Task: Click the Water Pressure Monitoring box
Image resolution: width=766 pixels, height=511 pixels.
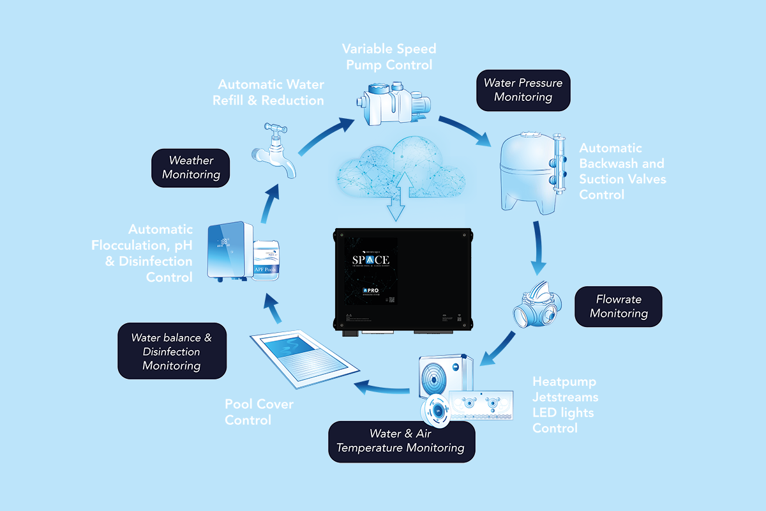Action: coord(523,90)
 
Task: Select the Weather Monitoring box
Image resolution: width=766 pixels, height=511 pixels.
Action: coord(191,167)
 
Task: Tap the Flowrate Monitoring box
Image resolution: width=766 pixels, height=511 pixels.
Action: coord(619,307)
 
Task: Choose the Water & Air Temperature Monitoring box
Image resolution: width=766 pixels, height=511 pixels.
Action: coord(402,441)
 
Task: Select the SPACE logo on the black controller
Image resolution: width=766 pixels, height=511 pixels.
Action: coord(372,261)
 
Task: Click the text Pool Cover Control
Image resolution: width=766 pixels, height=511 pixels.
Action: coord(258,412)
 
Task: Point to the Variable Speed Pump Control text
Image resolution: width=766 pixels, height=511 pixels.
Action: coord(389,57)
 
